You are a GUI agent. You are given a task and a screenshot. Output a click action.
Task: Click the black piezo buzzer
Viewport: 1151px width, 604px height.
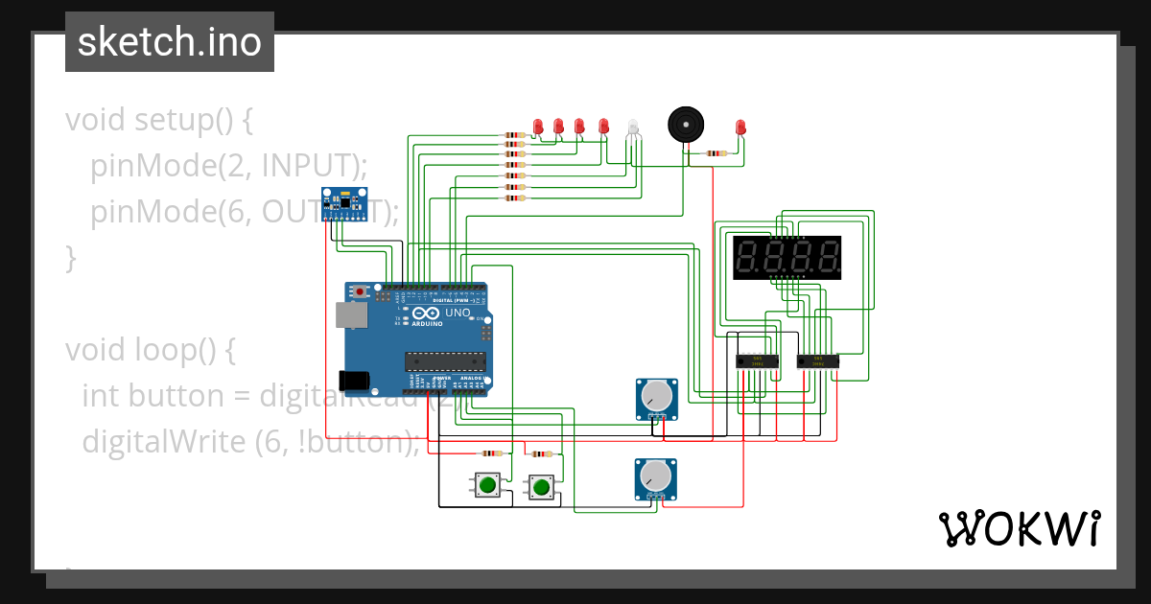[684, 125]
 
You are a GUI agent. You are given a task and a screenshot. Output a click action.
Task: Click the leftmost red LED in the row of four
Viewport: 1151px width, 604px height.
[538, 126]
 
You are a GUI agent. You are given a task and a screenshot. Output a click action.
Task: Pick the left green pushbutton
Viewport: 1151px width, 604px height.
[487, 485]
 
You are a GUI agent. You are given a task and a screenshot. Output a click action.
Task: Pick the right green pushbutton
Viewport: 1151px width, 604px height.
[541, 487]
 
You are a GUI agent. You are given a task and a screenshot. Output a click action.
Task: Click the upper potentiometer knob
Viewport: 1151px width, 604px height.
[656, 395]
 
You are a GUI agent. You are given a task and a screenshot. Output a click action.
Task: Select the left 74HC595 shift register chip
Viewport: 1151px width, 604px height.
[755, 361]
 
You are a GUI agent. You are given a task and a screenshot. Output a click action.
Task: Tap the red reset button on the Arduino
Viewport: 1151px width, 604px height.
[360, 290]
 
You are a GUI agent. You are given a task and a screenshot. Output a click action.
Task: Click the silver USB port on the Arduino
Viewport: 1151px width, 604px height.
[350, 315]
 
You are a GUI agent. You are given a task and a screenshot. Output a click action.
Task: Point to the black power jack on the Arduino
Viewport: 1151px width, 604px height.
[355, 380]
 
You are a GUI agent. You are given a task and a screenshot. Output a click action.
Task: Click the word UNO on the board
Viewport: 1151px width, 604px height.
[457, 313]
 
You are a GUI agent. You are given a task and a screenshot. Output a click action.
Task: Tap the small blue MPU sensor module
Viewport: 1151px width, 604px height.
[344, 204]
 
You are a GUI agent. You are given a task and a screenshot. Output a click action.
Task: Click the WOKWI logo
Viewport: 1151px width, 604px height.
[1019, 529]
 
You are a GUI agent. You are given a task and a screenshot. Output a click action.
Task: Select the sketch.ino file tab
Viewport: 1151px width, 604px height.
[170, 42]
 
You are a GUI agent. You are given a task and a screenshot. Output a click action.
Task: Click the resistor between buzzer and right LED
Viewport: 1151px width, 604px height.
[716, 152]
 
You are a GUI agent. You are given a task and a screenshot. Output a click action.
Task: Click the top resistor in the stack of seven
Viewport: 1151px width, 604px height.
[515, 134]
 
